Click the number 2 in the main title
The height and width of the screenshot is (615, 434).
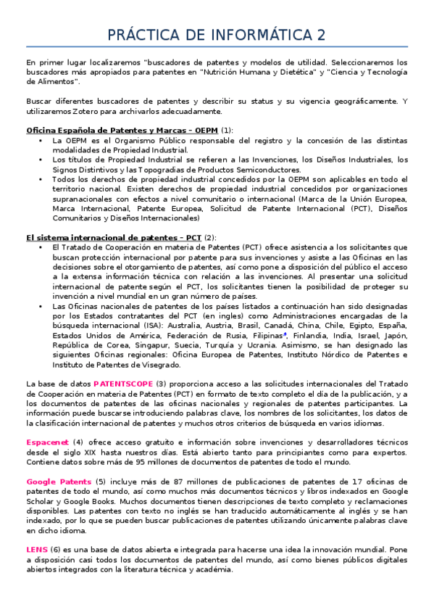320,36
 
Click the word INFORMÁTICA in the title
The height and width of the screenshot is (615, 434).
256,36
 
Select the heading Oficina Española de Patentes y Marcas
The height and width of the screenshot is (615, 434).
108,130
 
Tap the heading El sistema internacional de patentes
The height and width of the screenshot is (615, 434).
104,236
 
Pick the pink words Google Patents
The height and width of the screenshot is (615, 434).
59,482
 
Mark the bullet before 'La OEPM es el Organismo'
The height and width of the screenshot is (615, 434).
39,139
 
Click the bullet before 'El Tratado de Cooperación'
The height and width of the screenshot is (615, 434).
39,247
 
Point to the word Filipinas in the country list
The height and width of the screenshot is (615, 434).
264,335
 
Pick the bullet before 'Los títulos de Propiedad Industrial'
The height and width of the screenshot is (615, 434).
39,159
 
